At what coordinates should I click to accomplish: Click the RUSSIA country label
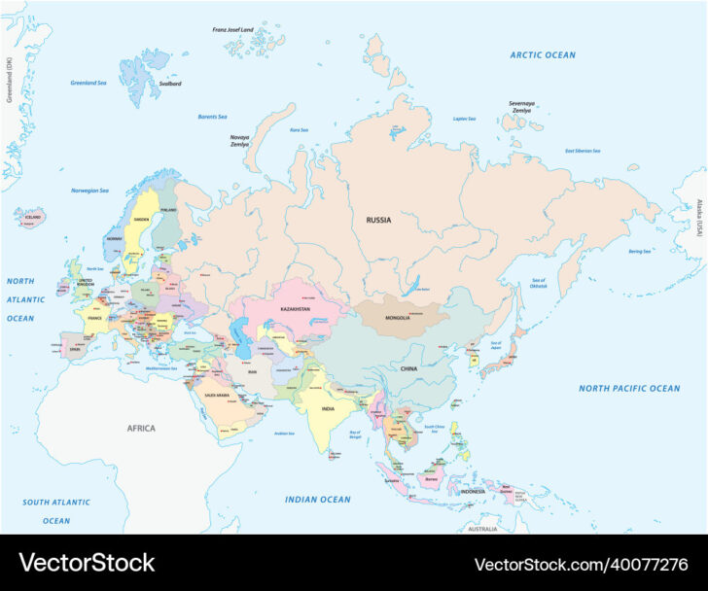(378, 220)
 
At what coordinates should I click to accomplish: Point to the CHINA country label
(408, 368)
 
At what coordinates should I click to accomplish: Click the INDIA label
(328, 409)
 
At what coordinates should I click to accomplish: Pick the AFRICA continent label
(141, 428)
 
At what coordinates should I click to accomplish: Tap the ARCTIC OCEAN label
(543, 55)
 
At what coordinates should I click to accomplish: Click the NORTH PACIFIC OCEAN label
(629, 389)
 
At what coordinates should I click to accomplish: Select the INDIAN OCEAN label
(317, 500)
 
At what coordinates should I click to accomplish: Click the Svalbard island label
(170, 84)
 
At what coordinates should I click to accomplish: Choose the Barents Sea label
(212, 117)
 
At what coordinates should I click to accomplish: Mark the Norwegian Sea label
(93, 190)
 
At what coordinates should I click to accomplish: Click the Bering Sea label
(639, 251)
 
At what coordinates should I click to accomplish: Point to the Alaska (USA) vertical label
(698, 218)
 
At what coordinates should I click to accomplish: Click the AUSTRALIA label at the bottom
(481, 529)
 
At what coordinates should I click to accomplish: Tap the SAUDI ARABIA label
(219, 395)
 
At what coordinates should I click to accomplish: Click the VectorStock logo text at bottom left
(87, 563)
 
